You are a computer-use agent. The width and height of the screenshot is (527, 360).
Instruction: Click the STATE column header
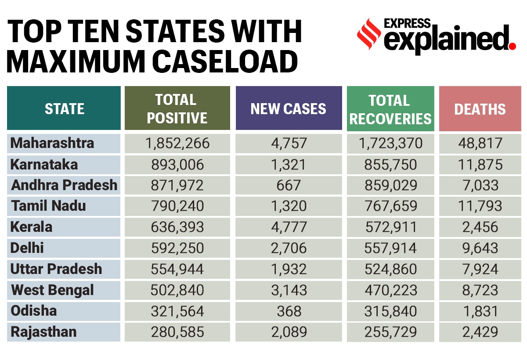coord(64,108)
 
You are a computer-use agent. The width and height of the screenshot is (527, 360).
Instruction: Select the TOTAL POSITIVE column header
coord(177,108)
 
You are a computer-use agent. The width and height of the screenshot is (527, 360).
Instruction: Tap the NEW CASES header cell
coord(289,108)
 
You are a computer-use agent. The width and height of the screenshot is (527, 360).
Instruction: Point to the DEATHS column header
coord(480,109)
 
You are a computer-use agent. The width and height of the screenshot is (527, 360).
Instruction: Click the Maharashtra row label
coord(52,143)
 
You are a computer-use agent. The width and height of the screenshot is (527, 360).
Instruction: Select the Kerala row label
coord(32,227)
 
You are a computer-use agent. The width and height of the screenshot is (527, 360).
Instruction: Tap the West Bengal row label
coord(52,290)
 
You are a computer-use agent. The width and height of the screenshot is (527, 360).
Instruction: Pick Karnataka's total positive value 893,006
coord(177,165)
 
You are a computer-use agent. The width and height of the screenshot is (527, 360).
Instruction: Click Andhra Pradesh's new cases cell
coord(289,185)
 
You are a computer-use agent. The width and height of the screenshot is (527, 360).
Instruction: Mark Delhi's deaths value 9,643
coord(480,248)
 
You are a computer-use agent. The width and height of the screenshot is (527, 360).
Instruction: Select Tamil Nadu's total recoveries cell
coord(390,206)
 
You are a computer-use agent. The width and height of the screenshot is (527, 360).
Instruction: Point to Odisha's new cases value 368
coord(289,311)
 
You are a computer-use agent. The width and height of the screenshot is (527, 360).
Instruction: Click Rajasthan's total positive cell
coord(177,332)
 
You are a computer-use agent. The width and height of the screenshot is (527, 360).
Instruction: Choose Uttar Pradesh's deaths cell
coord(480,269)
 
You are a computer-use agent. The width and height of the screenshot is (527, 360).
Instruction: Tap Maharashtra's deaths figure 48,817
coord(480,143)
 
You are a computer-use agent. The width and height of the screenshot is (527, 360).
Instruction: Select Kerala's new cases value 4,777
coord(289,227)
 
